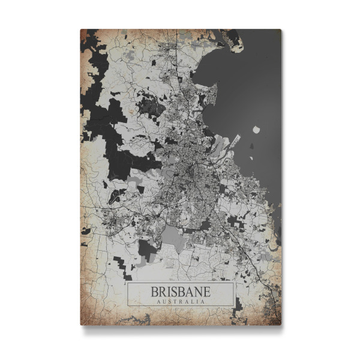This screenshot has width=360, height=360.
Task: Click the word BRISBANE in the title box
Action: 180,291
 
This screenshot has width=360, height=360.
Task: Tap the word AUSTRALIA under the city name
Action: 180,301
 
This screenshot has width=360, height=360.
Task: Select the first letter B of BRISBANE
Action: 155,291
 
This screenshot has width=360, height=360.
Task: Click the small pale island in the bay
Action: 256,129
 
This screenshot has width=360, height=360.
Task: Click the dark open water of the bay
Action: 252,90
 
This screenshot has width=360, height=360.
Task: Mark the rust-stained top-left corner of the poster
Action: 83,32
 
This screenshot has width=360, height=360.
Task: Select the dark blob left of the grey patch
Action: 146,249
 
